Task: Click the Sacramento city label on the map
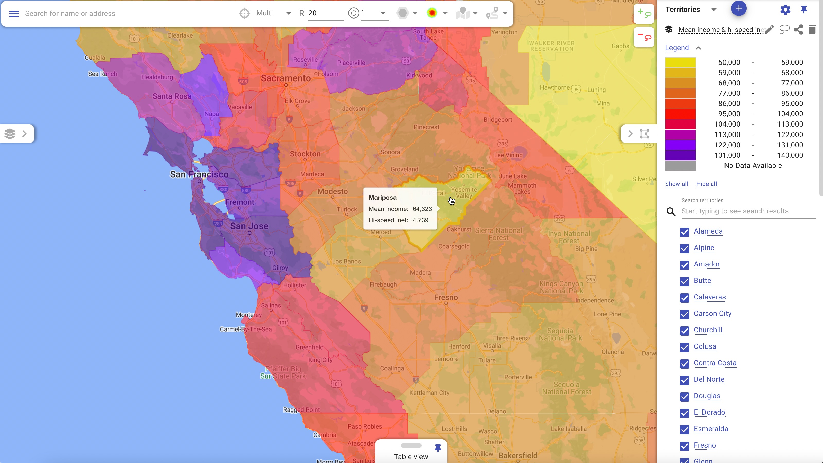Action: point(286,78)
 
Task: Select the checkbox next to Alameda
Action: point(684,232)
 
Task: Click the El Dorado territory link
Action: point(709,412)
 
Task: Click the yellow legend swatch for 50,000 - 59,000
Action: point(680,62)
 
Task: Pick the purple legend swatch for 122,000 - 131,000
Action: point(680,145)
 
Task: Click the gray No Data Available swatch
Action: point(680,165)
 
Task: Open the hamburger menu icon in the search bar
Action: point(14,13)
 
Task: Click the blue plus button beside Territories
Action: point(738,9)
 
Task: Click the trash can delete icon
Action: point(812,30)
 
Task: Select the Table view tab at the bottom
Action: point(411,456)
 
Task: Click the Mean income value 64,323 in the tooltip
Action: point(422,209)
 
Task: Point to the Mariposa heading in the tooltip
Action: point(382,198)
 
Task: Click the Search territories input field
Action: point(748,211)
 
